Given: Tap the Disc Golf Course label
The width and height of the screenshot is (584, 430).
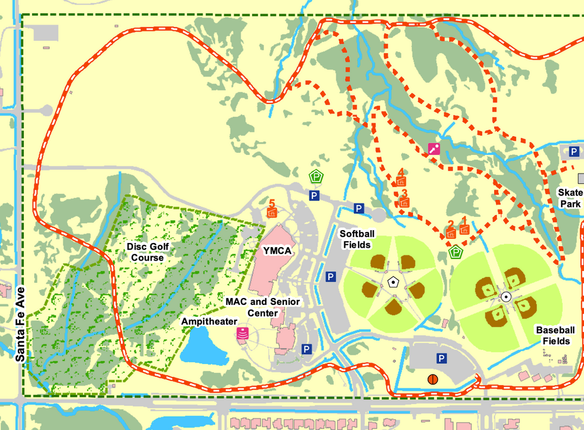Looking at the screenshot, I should point(147,252).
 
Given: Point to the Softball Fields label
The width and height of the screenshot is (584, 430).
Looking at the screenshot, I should point(358,238).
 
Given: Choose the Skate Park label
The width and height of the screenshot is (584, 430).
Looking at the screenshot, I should point(569,198).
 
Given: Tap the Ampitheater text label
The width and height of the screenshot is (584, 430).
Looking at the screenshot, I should point(209,321).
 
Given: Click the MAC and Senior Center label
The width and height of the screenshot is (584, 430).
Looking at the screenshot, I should point(263,307).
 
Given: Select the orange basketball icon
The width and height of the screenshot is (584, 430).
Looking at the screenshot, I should point(432,379).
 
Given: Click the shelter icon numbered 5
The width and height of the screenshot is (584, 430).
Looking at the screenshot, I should point(271,212).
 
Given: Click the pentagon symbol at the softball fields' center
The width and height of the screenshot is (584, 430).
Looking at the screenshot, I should point(394,283).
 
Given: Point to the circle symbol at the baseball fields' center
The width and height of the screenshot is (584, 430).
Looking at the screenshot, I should point(506,296).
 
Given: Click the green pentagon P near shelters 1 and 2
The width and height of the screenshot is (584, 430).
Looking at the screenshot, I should point(456,252).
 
